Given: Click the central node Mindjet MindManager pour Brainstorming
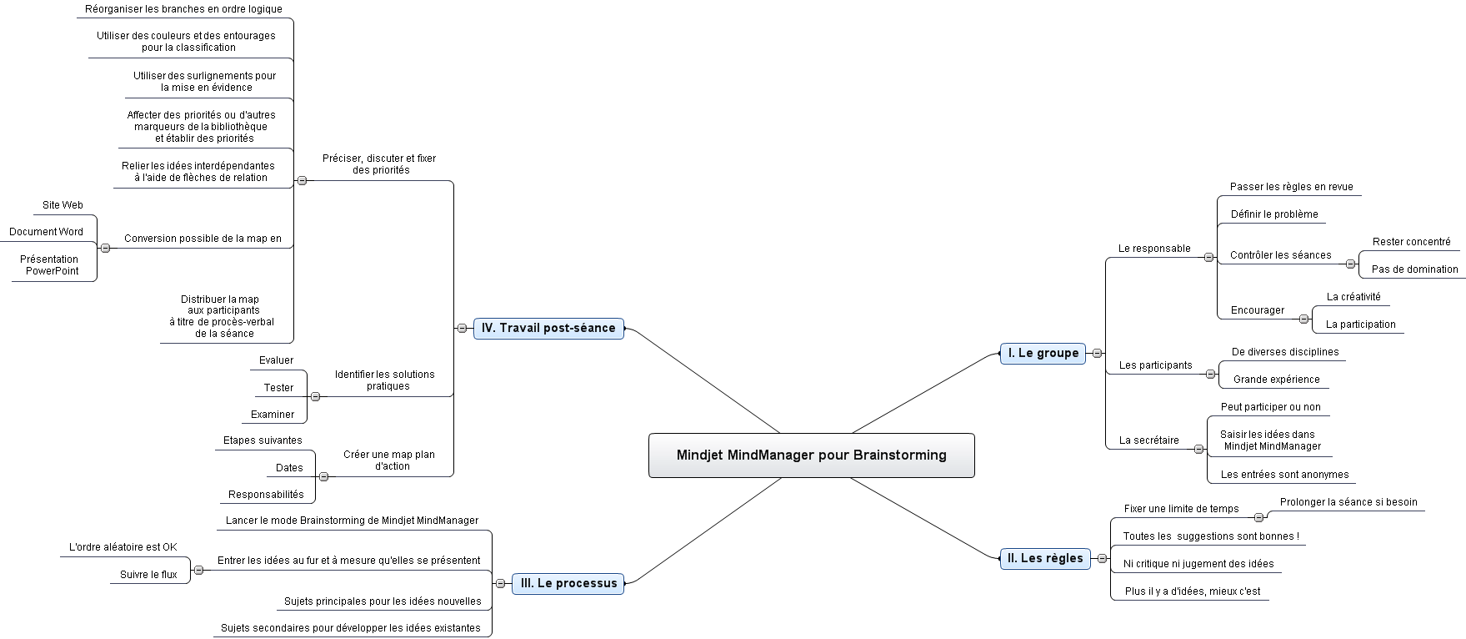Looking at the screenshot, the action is (x=812, y=455).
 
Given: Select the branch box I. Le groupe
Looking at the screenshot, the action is (x=1043, y=353).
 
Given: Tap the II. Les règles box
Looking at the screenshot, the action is (x=1045, y=558).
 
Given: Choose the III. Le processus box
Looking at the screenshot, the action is (x=568, y=583).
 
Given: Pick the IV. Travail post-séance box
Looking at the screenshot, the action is (x=548, y=328).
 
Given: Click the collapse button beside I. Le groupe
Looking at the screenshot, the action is (x=1097, y=353).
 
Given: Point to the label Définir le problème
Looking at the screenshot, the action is (x=1274, y=214).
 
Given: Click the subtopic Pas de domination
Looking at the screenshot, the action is (x=1415, y=269).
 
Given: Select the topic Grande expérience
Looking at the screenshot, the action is (x=1277, y=380).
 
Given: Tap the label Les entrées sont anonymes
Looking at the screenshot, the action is (x=1285, y=475).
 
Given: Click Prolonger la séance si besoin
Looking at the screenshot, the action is (x=1348, y=502).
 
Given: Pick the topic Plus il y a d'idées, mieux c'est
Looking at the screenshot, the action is (x=1193, y=591).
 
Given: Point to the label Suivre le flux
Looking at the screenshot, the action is (x=148, y=575).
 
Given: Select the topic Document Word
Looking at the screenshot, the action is (x=47, y=232).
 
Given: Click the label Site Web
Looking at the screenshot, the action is (x=63, y=205).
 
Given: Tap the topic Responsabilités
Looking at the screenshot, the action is (x=267, y=495).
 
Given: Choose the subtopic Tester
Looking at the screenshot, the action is (x=278, y=388).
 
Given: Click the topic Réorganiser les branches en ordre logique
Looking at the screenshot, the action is (x=183, y=9).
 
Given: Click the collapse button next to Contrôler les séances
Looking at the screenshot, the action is (x=1350, y=264).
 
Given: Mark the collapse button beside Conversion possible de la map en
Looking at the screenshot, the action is (x=105, y=248).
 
